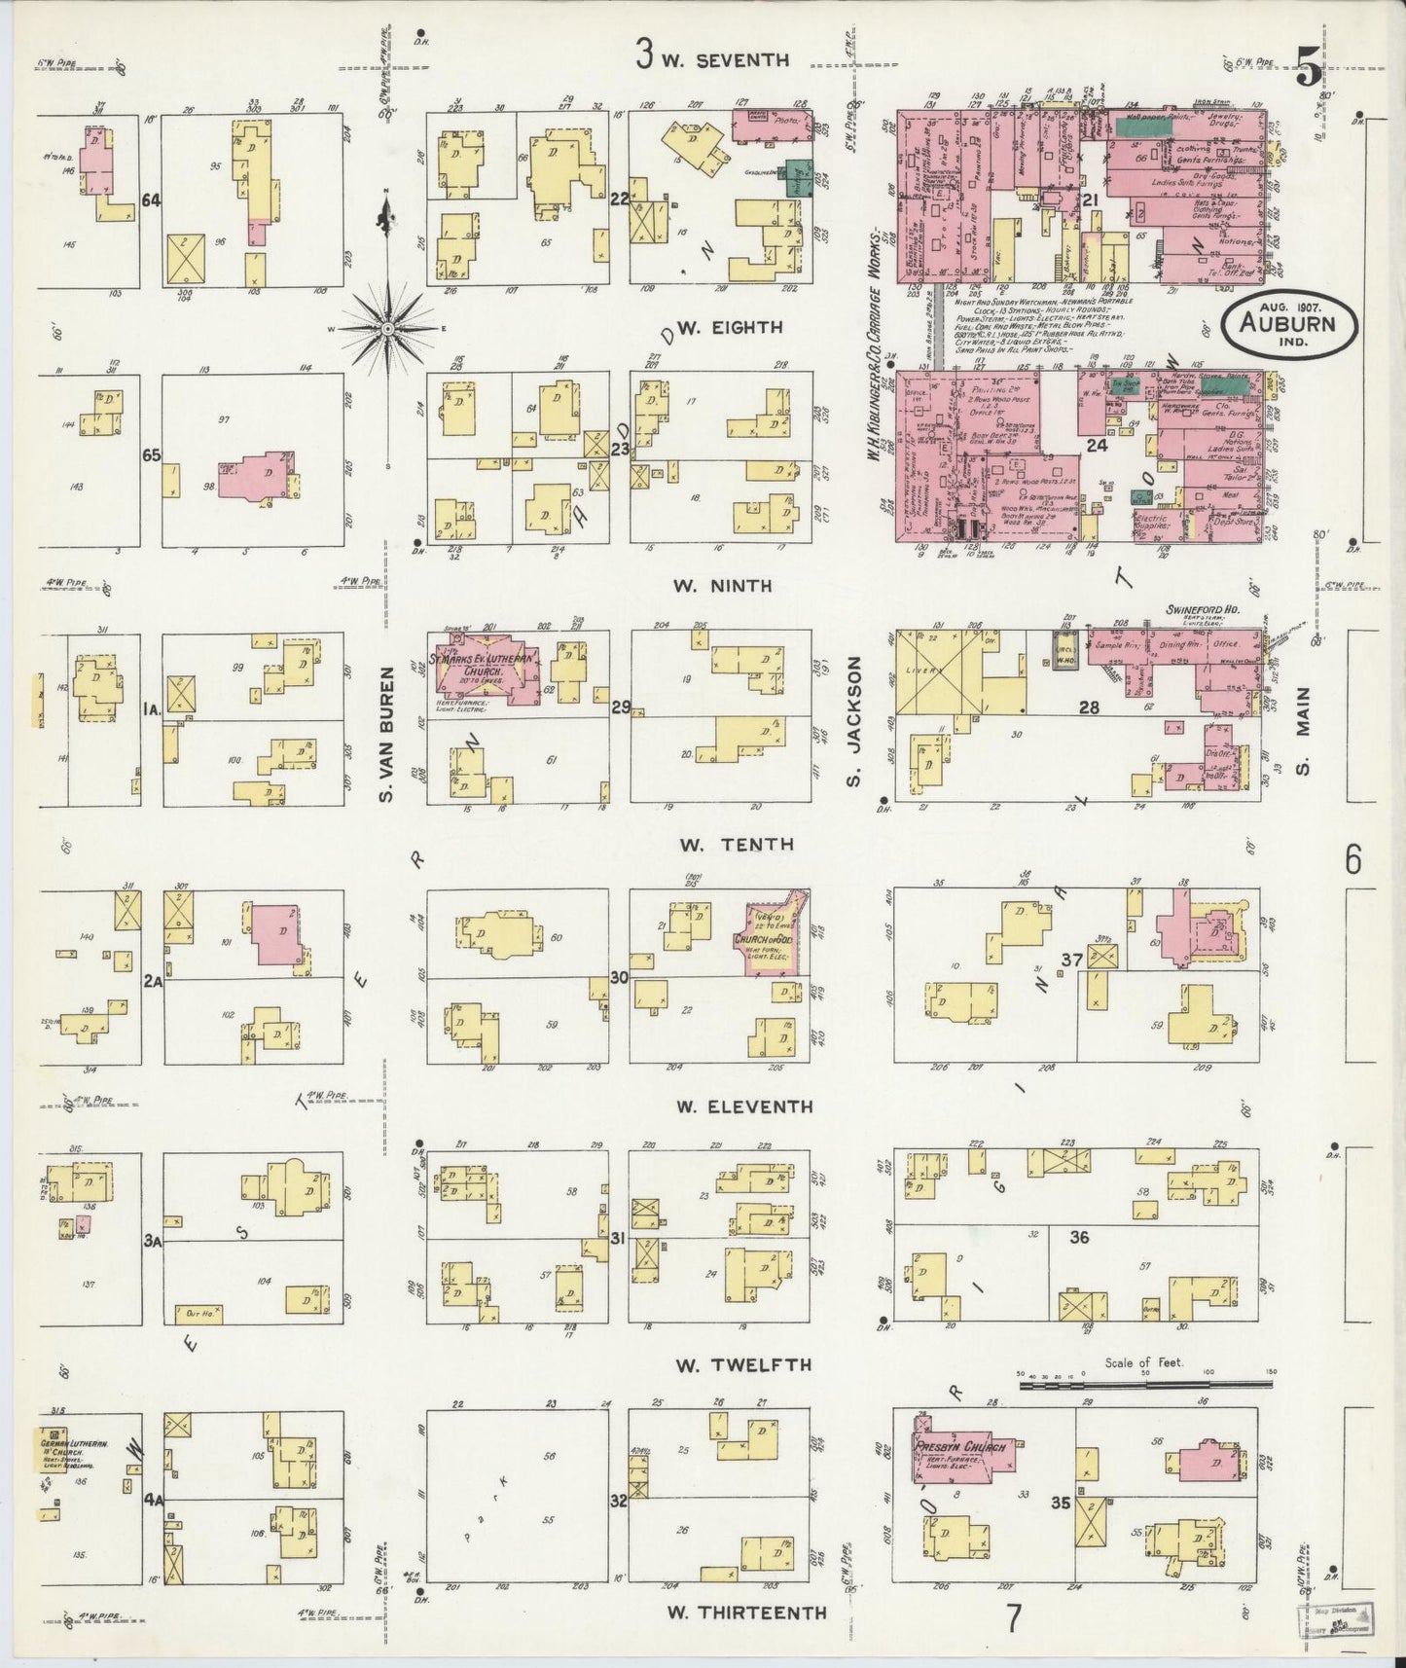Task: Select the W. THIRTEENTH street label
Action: click(x=746, y=1613)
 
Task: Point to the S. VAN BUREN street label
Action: click(x=385, y=735)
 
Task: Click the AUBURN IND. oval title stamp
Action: click(x=1288, y=327)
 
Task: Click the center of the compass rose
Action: click(x=387, y=329)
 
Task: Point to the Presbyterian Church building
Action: click(x=958, y=1448)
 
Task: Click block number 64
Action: click(x=151, y=200)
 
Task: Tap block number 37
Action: click(x=1071, y=961)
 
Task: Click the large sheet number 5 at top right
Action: click(x=1309, y=70)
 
